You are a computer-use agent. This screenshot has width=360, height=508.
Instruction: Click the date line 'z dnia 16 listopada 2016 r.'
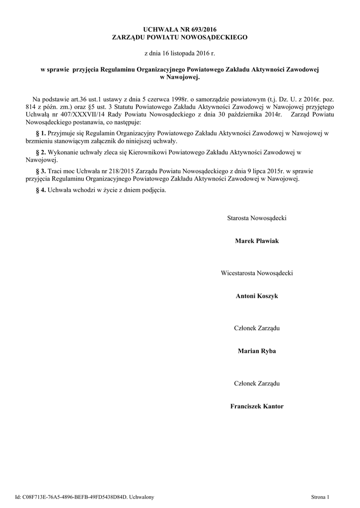[x=180, y=52]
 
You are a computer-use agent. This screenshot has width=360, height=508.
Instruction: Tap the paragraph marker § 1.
[x=41, y=133]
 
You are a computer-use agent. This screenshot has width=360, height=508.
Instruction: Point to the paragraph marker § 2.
[x=41, y=152]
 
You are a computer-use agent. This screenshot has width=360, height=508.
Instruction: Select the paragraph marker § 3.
[x=41, y=171]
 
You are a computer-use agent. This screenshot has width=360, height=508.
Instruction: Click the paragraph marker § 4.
[x=41, y=190]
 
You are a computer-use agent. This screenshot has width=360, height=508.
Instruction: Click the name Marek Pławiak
[x=257, y=241]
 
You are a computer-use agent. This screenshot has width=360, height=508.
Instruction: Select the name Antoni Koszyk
[x=257, y=296]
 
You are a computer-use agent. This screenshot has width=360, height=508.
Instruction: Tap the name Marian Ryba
[x=257, y=351]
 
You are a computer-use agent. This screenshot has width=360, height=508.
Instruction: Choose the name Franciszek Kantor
[x=257, y=406]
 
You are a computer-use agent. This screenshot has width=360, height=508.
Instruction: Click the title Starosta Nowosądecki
[x=257, y=218]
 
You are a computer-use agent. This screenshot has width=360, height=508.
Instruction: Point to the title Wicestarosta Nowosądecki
[x=257, y=273]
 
